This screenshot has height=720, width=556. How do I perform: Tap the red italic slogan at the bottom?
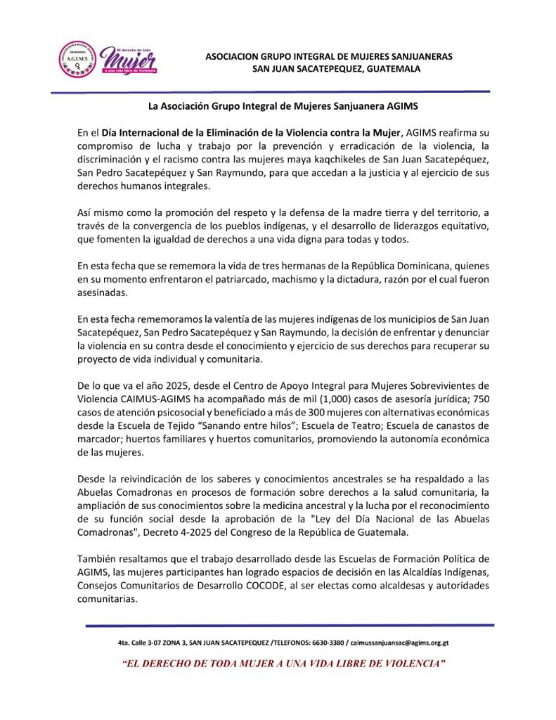pos(283,663)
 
